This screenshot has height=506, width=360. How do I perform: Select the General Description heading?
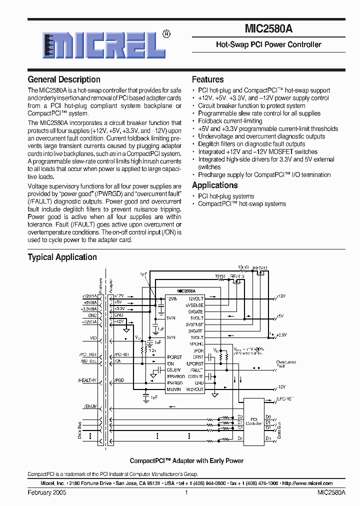(x=64, y=79)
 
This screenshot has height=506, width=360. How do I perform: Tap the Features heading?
(x=207, y=79)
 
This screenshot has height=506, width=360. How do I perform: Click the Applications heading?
(x=214, y=185)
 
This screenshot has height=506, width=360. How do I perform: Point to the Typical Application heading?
(x=62, y=257)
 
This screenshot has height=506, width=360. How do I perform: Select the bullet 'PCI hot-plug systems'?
(x=226, y=196)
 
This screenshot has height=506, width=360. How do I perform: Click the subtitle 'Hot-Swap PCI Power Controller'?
(x=268, y=45)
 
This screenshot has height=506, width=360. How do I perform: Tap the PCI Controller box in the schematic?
(x=254, y=421)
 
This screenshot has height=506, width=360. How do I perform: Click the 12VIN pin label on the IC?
(x=172, y=298)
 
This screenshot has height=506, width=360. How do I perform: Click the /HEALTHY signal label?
(x=87, y=380)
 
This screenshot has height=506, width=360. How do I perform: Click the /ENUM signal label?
(x=90, y=406)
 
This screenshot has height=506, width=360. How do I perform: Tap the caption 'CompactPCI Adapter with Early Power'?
(x=186, y=461)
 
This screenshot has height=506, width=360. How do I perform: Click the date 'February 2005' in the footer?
(x=46, y=492)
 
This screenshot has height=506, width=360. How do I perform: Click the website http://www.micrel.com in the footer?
(x=307, y=483)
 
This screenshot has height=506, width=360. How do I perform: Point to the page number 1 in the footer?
(x=186, y=492)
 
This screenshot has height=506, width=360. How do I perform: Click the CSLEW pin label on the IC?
(x=173, y=370)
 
